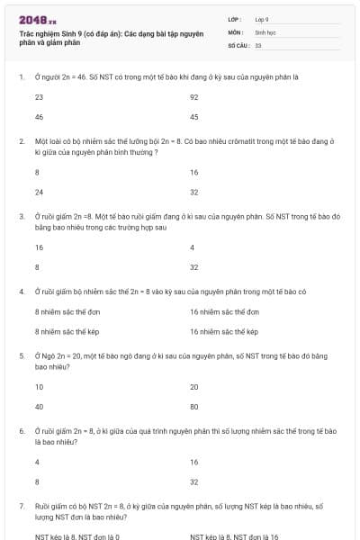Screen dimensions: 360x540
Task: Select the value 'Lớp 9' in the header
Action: point(262,19)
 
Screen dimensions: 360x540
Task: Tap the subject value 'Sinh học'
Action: point(265,31)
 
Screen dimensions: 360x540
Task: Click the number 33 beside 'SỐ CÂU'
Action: point(258,44)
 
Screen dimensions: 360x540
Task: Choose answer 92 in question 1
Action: point(194,96)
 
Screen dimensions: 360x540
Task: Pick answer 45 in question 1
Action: point(194,117)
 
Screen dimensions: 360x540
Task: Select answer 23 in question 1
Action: point(39,96)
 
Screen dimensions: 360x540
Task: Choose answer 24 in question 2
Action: point(39,192)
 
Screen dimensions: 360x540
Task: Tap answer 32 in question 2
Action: point(194,192)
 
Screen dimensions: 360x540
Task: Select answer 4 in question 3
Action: point(193,247)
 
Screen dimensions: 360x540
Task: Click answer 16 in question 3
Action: point(39,247)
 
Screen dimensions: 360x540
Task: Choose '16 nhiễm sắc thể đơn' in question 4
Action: point(224,311)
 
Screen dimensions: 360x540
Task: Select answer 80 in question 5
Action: point(194,407)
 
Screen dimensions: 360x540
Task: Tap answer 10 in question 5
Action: point(39,386)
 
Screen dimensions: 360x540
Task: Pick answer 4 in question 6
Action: point(37,462)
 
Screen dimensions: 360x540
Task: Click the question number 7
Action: point(21,507)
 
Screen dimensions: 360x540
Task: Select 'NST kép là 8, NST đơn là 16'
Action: point(235,536)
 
